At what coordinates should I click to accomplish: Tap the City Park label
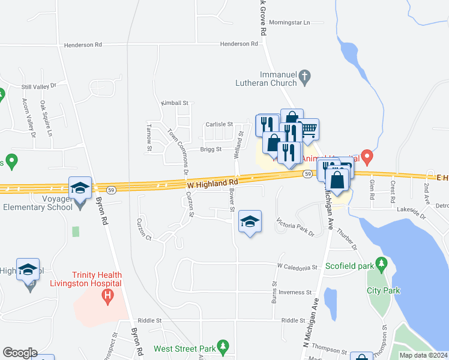[383, 290]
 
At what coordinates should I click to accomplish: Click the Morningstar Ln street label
[289, 22]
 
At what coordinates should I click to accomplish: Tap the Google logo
[20, 353]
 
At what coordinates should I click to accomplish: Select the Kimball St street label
[175, 103]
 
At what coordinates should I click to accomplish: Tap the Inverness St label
[291, 292]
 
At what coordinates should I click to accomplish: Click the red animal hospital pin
[369, 157]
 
